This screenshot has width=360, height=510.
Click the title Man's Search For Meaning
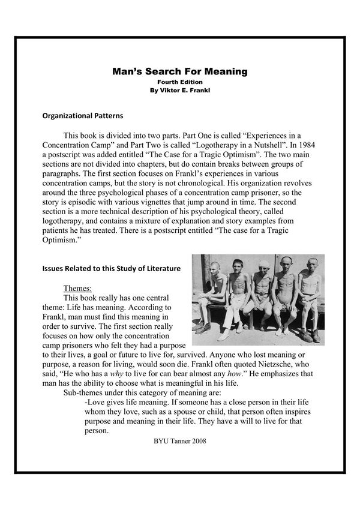click(180, 71)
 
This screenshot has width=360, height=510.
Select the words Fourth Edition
click(180, 82)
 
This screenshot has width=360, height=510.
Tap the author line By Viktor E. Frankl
click(180, 90)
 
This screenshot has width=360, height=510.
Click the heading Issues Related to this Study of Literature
click(114, 269)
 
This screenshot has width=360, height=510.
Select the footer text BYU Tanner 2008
click(181, 441)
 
